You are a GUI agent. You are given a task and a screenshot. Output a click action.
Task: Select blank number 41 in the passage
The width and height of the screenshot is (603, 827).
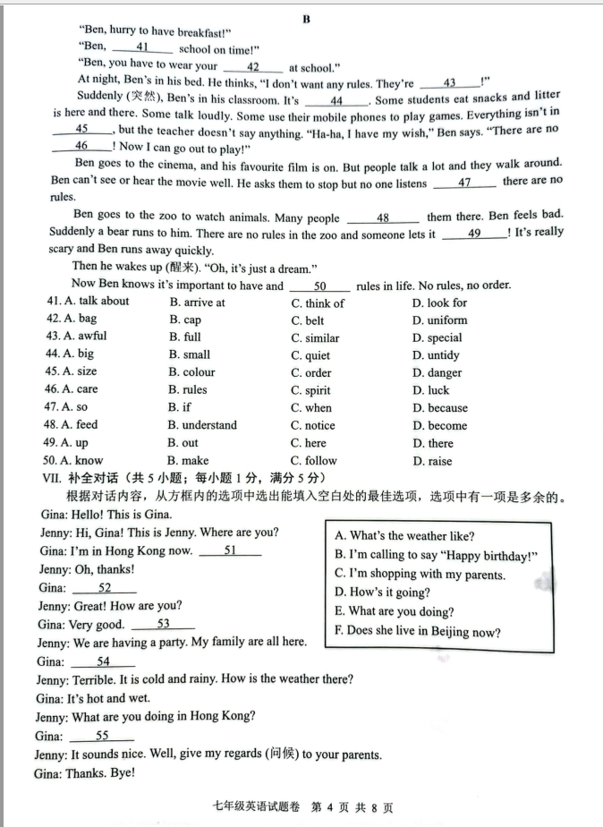click(142, 47)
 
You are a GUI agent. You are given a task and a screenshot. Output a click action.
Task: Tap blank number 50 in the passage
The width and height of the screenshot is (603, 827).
click(319, 286)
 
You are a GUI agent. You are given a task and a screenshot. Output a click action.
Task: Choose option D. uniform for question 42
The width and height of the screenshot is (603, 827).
click(439, 320)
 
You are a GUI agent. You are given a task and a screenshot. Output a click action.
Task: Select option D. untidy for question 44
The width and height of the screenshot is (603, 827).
click(437, 355)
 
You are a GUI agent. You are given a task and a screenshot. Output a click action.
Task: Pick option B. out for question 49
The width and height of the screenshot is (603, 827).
click(183, 443)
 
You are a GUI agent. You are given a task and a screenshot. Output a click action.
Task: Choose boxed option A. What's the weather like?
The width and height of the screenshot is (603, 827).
click(404, 536)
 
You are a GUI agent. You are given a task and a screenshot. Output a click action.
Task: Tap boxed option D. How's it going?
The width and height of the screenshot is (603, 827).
click(382, 593)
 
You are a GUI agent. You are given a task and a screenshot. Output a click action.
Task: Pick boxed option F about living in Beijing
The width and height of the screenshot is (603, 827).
click(418, 632)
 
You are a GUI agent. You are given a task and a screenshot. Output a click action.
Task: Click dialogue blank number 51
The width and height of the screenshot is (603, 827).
click(230, 550)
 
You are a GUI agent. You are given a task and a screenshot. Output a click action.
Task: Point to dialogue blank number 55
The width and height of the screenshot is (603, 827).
click(102, 736)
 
